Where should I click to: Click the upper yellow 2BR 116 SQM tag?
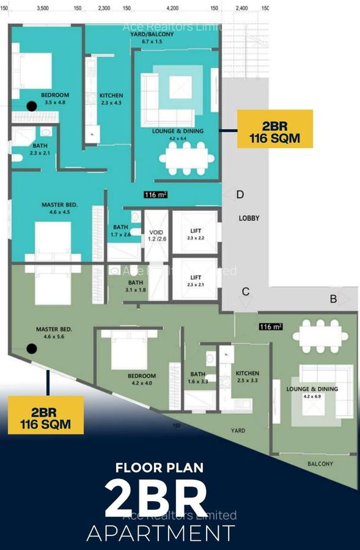(x=274, y=129)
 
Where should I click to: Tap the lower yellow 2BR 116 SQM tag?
(x=46, y=414)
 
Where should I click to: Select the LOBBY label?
(x=249, y=218)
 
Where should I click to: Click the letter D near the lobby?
(x=240, y=195)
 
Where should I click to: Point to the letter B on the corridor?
(x=334, y=299)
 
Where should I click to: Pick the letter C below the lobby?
(x=246, y=291)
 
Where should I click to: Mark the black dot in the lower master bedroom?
(x=31, y=349)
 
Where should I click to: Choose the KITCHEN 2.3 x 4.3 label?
(x=111, y=100)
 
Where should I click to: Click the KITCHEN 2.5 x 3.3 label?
(x=248, y=377)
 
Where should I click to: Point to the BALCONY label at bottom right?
(x=320, y=464)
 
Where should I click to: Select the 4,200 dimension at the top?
(x=172, y=9)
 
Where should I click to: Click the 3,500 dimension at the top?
(x=43, y=9)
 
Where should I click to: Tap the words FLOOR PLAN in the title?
(x=160, y=468)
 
